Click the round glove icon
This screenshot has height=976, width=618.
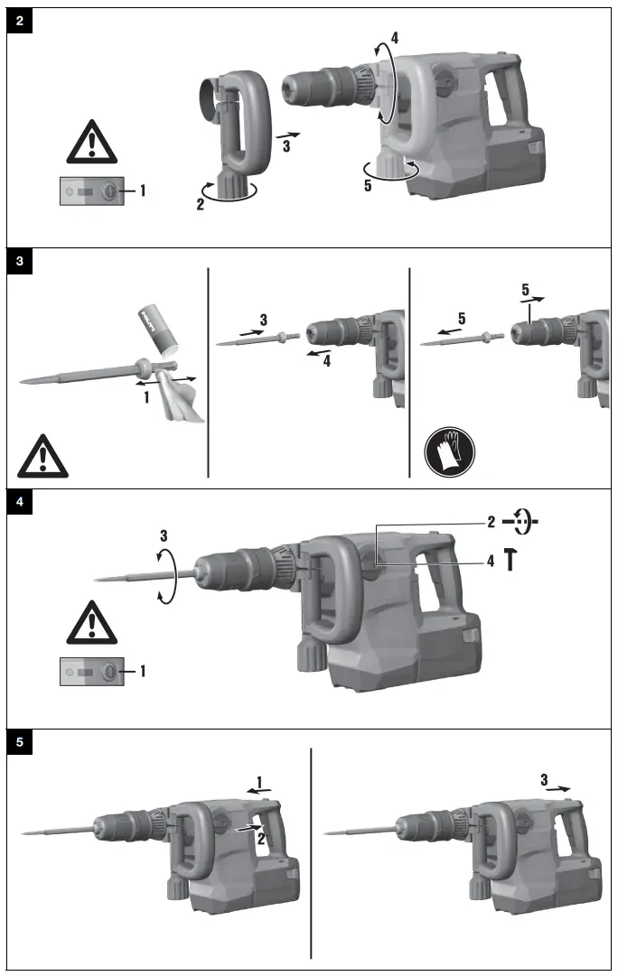pos(449,451)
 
